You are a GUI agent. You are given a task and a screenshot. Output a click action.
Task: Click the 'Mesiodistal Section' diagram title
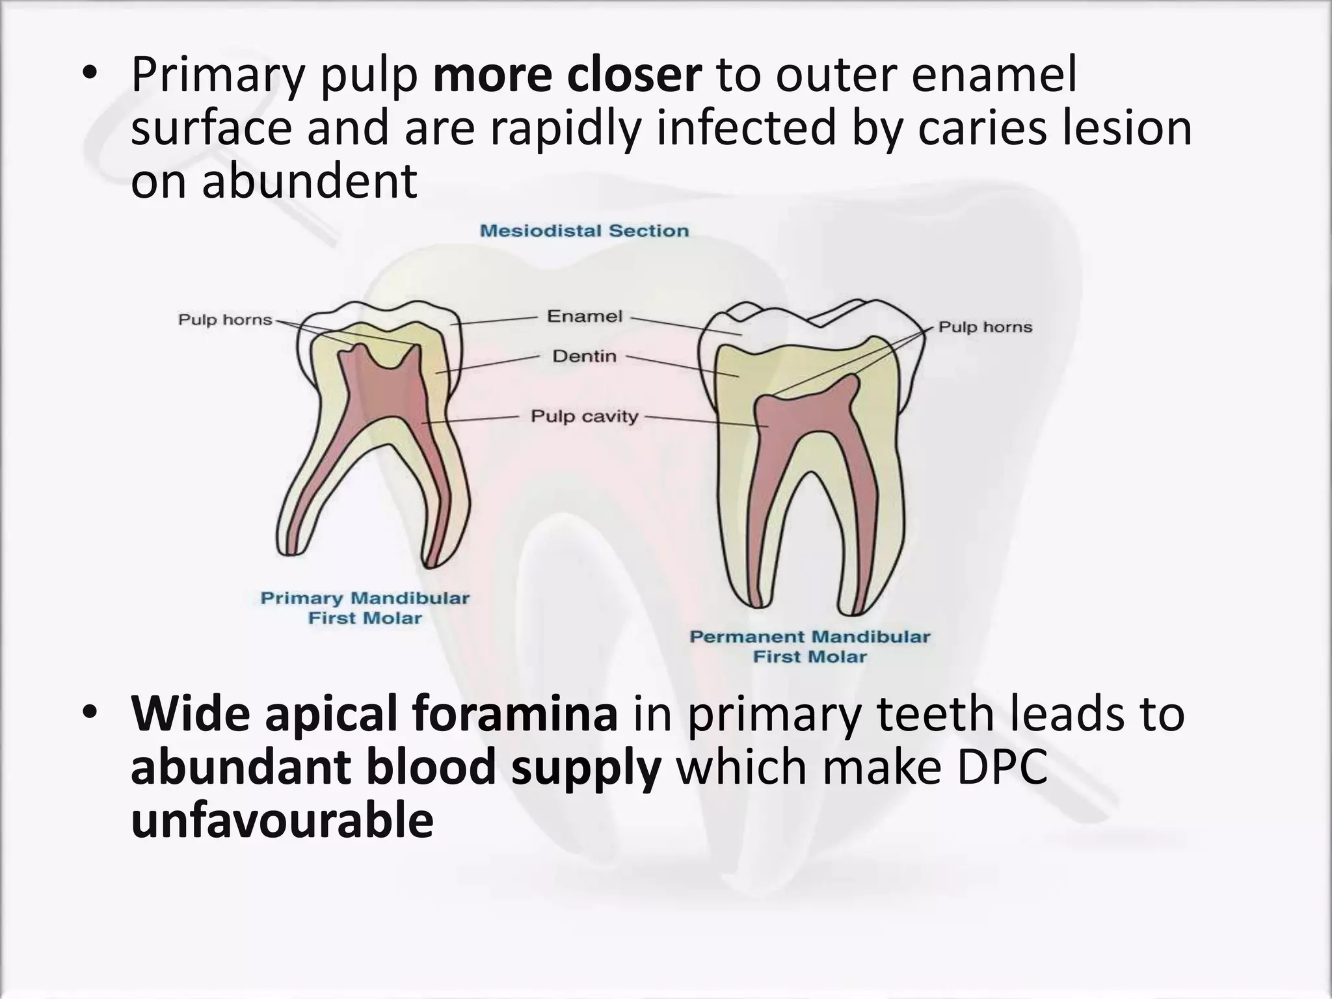pos(583,231)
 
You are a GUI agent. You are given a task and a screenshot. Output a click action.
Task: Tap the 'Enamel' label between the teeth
pos(584,317)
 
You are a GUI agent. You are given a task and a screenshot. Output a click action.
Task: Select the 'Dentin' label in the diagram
pos(584,356)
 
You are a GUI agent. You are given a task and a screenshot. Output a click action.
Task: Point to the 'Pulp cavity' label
pos(584,416)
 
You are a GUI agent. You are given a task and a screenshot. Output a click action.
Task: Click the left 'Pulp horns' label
pos(225,320)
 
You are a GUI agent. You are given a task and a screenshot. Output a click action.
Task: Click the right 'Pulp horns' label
pos(985,327)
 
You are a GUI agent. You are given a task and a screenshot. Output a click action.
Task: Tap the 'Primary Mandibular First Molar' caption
pos(365,608)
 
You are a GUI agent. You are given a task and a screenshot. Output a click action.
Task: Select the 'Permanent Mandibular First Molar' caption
pos(810,646)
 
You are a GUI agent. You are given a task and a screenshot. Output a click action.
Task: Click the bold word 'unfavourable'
pos(282,821)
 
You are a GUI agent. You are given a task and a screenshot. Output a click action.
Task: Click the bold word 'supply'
pos(585,768)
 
